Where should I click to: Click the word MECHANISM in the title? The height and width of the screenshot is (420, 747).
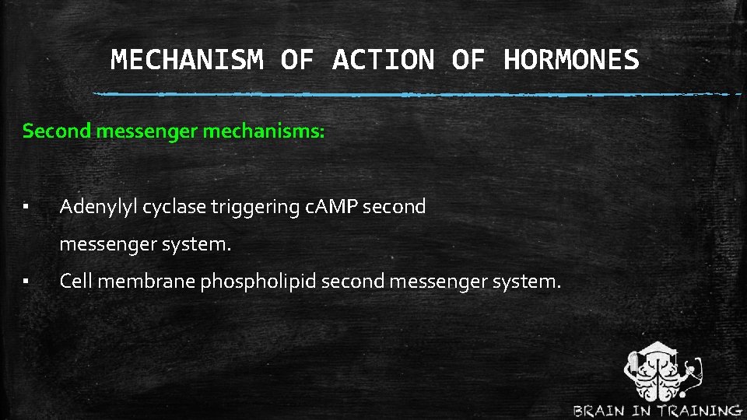click(x=187, y=60)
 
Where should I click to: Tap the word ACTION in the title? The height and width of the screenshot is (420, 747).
click(x=383, y=60)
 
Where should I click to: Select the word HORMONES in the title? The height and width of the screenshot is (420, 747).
click(x=571, y=60)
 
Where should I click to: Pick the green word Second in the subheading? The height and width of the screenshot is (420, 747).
click(x=57, y=131)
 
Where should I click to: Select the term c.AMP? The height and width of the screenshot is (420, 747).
click(x=331, y=207)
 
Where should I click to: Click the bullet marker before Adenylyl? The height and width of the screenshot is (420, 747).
click(x=26, y=208)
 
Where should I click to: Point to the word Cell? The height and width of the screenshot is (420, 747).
click(x=75, y=282)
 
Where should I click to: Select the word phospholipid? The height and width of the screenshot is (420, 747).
click(x=258, y=282)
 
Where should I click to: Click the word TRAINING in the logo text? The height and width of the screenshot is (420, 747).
click(x=700, y=411)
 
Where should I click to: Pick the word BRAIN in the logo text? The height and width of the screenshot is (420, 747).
click(x=604, y=411)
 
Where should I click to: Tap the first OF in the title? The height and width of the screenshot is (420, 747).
click(x=296, y=60)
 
